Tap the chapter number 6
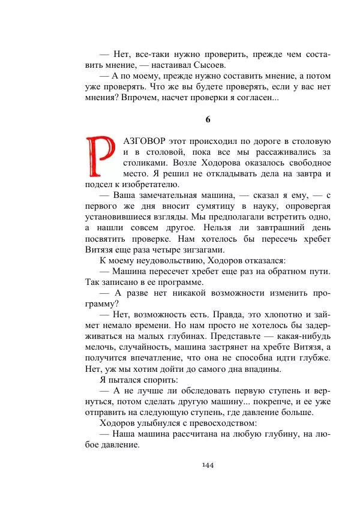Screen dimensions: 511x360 coord(208,119)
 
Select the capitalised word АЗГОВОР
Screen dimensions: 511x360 coord(144,141)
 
